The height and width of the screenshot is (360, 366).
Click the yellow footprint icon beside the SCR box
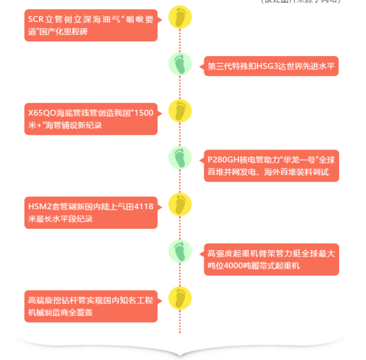[x=180, y=18]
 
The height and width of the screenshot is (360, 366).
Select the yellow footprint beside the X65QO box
[x=180, y=111]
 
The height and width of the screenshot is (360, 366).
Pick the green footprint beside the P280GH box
[x=180, y=158]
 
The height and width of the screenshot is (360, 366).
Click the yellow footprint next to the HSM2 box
[x=180, y=204]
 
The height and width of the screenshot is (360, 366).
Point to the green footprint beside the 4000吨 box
[x=180, y=251]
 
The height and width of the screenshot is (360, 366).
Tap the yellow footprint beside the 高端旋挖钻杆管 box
[x=180, y=298]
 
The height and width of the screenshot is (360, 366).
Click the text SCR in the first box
[x=36, y=20]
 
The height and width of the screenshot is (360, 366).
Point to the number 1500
[x=143, y=113]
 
